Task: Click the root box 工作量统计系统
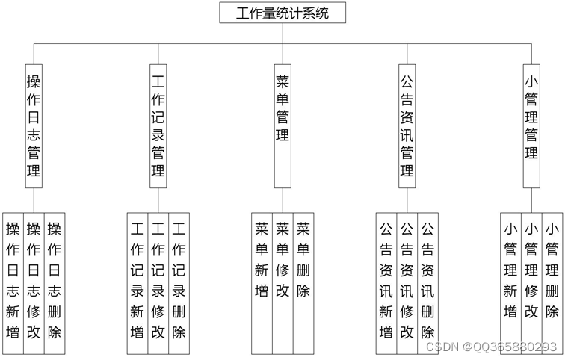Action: click(283, 13)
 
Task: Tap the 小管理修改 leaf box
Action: click(531, 269)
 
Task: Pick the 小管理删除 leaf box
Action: click(552, 269)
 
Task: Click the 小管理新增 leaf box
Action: click(510, 269)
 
